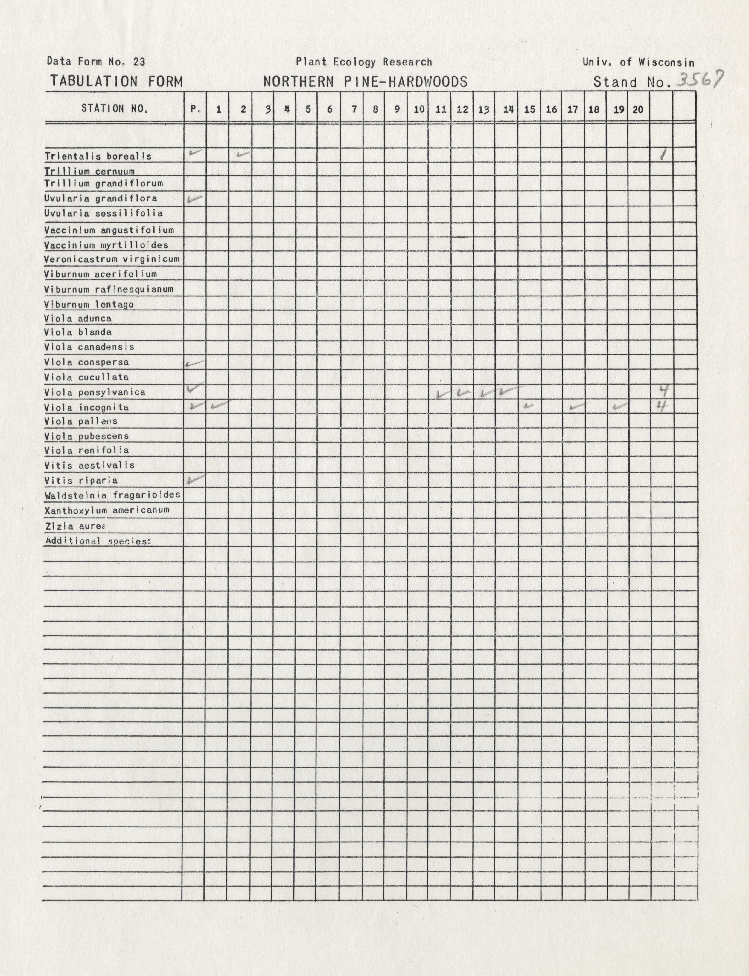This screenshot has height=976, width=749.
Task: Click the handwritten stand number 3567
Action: (699, 80)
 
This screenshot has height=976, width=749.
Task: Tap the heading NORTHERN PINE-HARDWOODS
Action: (365, 82)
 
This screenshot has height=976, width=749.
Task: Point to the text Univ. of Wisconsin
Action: (638, 62)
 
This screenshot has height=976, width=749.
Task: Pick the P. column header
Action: (195, 109)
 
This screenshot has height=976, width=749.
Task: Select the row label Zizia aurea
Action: (75, 526)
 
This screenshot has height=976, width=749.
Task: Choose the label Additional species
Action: (98, 541)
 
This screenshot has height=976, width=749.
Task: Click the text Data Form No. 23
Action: (96, 62)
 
